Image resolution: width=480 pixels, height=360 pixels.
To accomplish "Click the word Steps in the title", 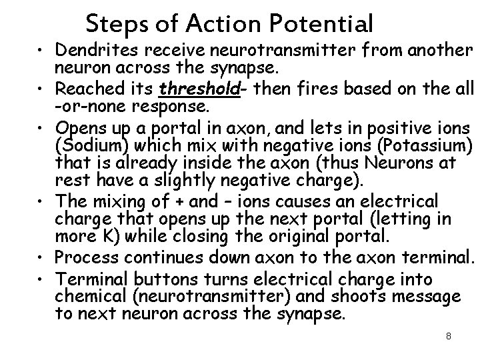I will pyautogui.click(x=113, y=25).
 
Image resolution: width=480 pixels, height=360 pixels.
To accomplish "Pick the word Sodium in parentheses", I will pyautogui.click(x=87, y=145).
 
